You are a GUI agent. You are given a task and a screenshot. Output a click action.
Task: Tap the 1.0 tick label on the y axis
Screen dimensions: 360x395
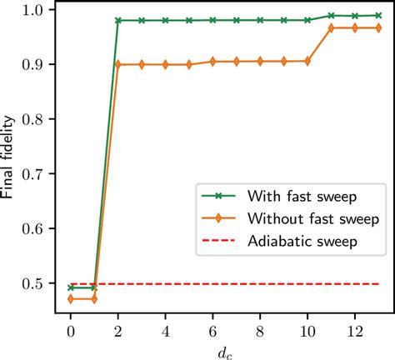pyautogui.click(x=36, y=10)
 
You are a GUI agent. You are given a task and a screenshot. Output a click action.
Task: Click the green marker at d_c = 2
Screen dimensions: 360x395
pyautogui.click(x=118, y=20)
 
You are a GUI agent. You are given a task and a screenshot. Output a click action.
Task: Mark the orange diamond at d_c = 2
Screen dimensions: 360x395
pyautogui.click(x=118, y=64)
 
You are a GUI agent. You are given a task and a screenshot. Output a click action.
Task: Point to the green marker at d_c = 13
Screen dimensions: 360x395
pyautogui.click(x=379, y=15)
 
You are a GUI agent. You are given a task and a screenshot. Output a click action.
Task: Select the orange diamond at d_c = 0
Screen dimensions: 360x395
pyautogui.click(x=71, y=298)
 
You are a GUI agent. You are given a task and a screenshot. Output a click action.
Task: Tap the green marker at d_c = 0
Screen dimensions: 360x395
pyautogui.click(x=71, y=287)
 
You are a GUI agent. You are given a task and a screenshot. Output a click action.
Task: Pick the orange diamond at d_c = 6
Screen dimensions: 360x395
pyautogui.click(x=213, y=61)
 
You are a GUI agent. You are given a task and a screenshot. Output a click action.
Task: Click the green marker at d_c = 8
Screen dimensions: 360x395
pyautogui.click(x=261, y=20)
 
